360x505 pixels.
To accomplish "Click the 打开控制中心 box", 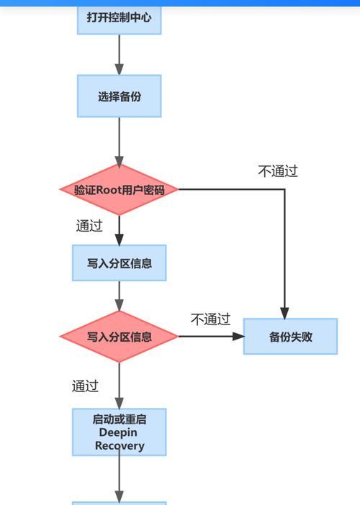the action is [x=120, y=19].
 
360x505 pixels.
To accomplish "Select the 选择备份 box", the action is [x=120, y=96].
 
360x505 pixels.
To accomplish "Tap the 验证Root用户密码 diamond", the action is [x=119, y=189].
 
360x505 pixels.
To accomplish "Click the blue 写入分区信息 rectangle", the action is [x=120, y=263].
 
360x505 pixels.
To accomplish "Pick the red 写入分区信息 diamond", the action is [x=119, y=337].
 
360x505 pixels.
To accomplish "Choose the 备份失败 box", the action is [x=290, y=337].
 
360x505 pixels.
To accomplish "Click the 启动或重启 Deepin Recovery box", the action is [x=120, y=432].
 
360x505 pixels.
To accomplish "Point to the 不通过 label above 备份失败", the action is [x=210, y=319].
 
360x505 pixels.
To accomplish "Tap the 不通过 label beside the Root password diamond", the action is [x=278, y=170].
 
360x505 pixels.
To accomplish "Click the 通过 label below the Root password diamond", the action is [x=89, y=225].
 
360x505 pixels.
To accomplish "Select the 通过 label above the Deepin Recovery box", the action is [x=85, y=386].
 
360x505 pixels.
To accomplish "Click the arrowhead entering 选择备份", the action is [x=120, y=69].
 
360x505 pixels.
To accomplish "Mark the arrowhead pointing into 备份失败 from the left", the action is [x=238, y=337].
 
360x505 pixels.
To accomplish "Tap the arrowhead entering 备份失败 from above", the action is [x=284, y=314].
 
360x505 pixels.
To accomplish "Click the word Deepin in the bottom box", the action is [x=118, y=432].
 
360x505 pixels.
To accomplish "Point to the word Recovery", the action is [x=120, y=446].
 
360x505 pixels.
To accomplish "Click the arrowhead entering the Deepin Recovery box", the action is [x=120, y=404].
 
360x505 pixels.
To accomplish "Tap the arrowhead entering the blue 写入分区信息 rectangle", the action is [x=120, y=240].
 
